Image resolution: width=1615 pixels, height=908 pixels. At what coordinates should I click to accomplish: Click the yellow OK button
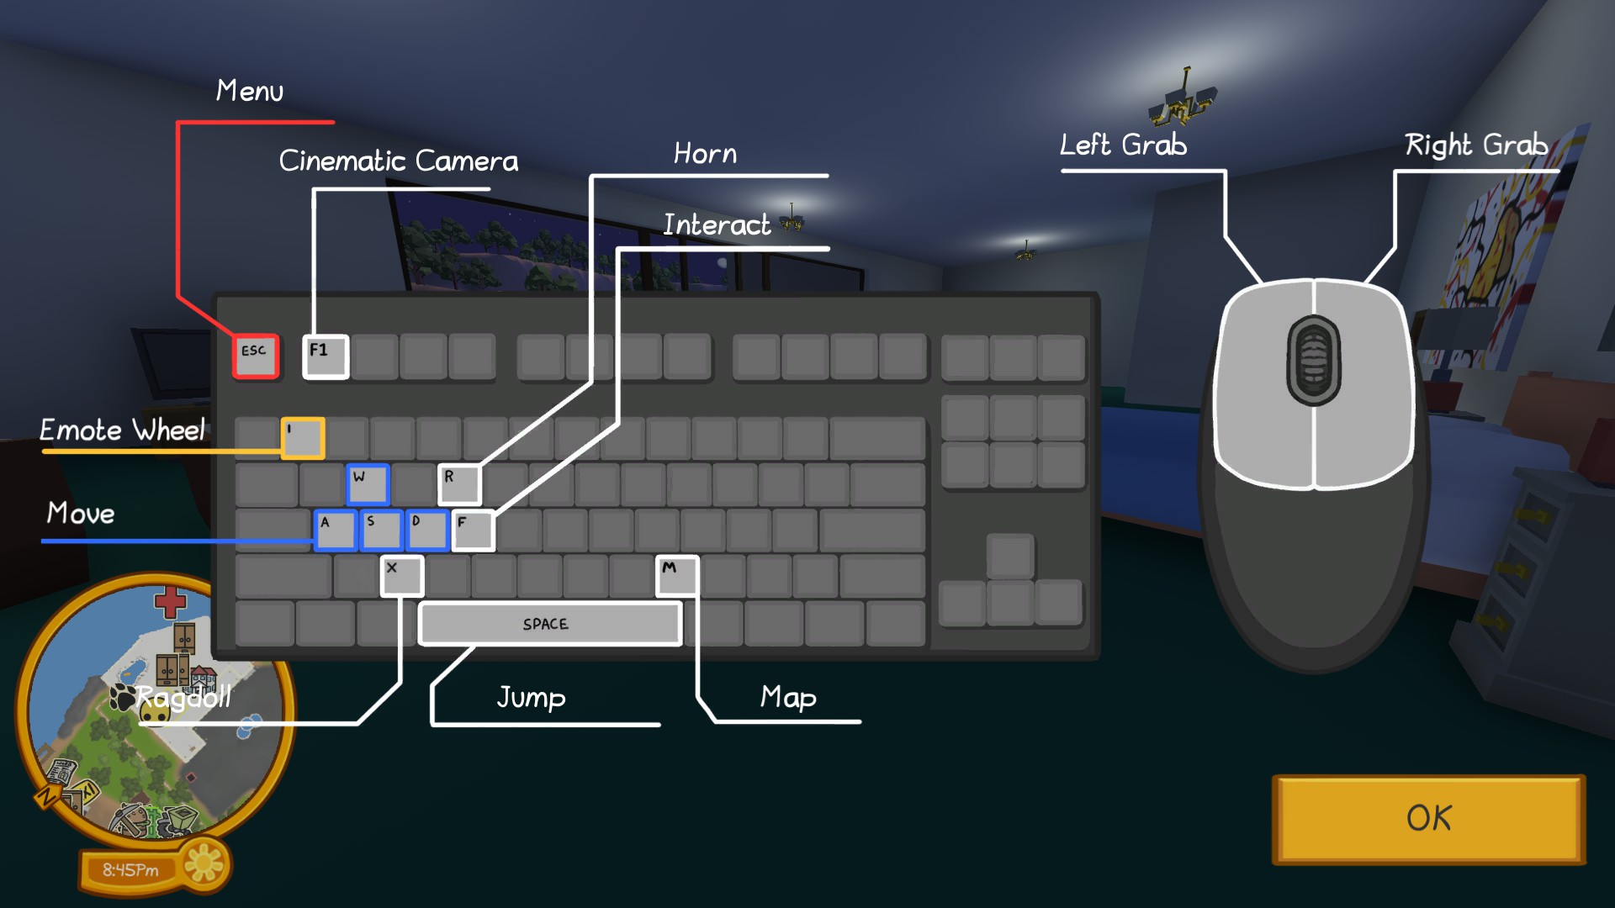pyautogui.click(x=1428, y=819)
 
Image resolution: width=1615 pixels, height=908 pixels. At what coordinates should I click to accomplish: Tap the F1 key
pyautogui.click(x=326, y=356)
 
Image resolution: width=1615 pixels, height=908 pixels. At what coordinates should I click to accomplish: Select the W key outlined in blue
pyautogui.click(x=368, y=484)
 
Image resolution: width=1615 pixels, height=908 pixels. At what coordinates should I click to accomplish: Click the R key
pyautogui.click(x=459, y=484)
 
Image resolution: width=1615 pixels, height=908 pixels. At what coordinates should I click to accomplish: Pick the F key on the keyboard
pyautogui.click(x=473, y=531)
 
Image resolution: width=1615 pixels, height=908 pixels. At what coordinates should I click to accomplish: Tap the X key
pyautogui.click(x=401, y=576)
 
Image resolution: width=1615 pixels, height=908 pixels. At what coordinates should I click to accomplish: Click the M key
pyautogui.click(x=677, y=576)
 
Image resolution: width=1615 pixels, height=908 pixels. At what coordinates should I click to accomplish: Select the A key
pyautogui.click(x=335, y=531)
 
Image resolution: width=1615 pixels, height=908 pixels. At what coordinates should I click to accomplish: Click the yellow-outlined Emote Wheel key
pyautogui.click(x=303, y=438)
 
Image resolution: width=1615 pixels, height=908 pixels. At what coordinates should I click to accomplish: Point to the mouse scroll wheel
pyautogui.click(x=1313, y=360)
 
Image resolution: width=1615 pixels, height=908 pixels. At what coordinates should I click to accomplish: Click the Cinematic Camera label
pyautogui.click(x=399, y=161)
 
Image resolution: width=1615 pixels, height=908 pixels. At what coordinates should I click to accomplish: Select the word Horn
pyautogui.click(x=705, y=154)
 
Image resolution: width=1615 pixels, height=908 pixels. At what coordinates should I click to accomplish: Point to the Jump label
pyautogui.click(x=531, y=697)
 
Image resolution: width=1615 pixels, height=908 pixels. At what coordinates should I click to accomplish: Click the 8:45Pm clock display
pyautogui.click(x=130, y=870)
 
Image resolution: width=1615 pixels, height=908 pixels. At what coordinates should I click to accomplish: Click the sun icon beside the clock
pyautogui.click(x=204, y=863)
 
